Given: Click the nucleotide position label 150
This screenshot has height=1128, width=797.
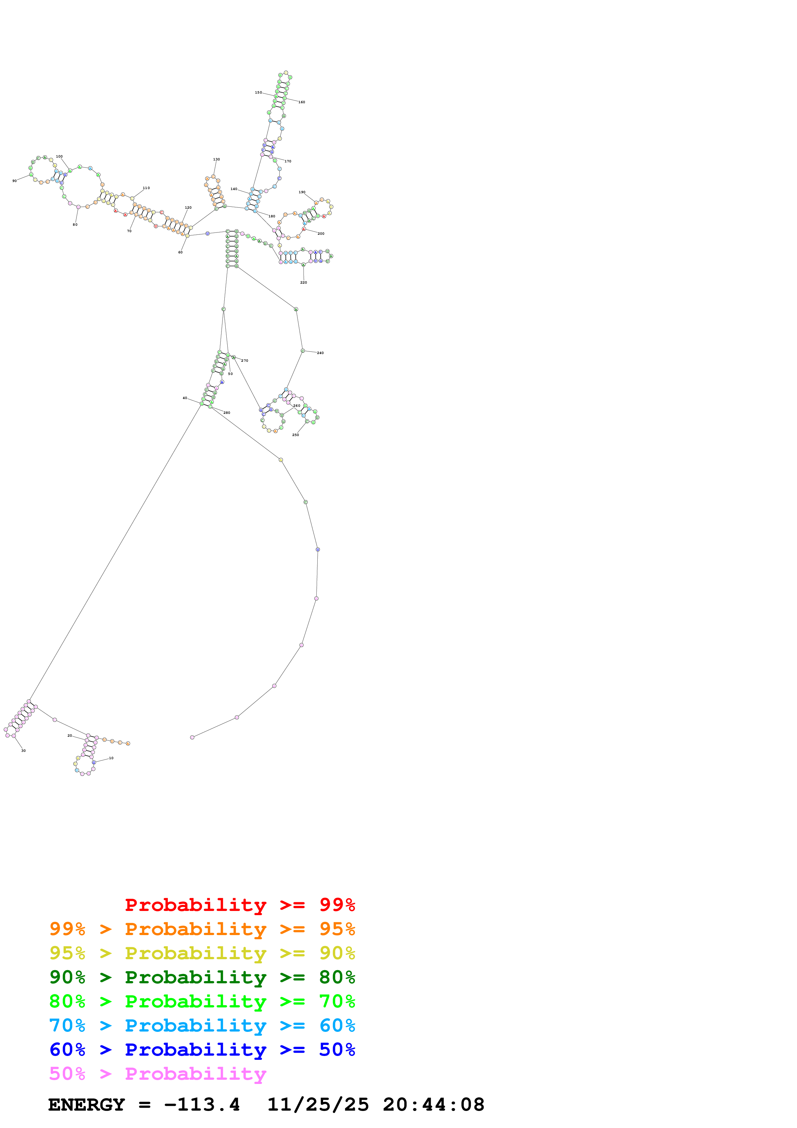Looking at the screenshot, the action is (x=258, y=92).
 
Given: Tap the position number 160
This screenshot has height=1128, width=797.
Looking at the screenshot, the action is (x=302, y=102).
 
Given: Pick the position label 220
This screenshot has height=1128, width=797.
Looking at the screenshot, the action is (x=303, y=283).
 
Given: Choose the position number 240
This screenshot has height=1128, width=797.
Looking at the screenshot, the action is (x=320, y=353).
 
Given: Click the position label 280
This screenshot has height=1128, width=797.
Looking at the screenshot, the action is (x=227, y=413).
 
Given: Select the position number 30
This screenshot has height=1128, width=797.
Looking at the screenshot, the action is (x=23, y=751).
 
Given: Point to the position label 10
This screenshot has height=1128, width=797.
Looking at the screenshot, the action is (x=112, y=758).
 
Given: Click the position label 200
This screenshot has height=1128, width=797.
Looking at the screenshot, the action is (x=321, y=233).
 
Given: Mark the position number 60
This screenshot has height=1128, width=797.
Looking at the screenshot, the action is (x=180, y=252).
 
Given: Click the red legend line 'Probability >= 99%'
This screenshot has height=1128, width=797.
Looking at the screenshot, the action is (x=240, y=905).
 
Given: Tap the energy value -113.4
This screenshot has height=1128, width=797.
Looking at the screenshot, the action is (x=202, y=1105).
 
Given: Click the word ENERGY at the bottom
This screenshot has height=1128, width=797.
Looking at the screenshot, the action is (x=86, y=1105).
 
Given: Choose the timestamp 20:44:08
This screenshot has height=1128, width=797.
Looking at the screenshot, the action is (x=434, y=1105).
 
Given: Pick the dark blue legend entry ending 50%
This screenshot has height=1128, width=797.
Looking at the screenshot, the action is (x=202, y=1050).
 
